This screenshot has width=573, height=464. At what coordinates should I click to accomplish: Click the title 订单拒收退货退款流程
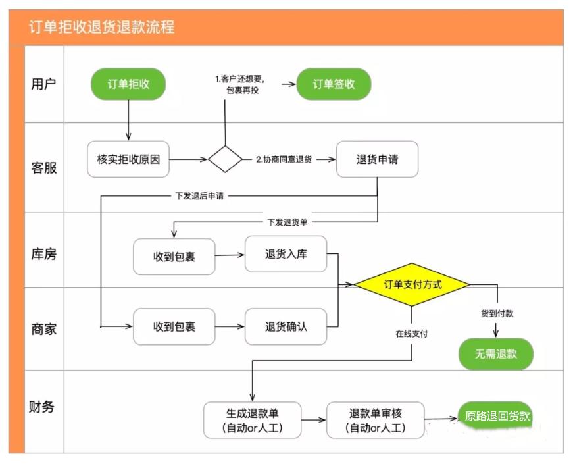coord(102,28)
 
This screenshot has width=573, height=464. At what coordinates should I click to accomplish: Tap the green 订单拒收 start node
coord(128,84)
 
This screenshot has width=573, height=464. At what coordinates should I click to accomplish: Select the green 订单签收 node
coord(334,84)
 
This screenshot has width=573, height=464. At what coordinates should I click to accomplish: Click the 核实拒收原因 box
coord(128,159)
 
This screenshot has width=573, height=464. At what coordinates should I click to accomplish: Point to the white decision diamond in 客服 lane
coord(226,159)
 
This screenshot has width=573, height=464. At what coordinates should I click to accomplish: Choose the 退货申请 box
coord(377,159)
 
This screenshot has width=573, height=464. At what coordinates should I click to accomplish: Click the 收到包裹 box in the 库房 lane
coord(174,257)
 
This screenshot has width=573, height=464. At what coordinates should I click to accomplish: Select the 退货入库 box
coord(286,254)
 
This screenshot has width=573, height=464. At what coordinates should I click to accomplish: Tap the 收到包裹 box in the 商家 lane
coord(174,326)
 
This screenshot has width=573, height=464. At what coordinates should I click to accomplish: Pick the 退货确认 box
coord(286,326)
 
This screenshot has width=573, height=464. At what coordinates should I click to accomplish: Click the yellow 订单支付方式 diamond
coord(412,285)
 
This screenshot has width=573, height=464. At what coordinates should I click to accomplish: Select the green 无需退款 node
coord(496,354)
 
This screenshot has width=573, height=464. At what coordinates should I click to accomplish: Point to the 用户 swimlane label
coord(44,84)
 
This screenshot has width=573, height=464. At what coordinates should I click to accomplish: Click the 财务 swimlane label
coord(44,407)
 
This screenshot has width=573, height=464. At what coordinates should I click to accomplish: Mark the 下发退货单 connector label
coord(287,222)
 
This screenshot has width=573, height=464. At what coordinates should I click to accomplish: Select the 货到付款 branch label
coord(497,313)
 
